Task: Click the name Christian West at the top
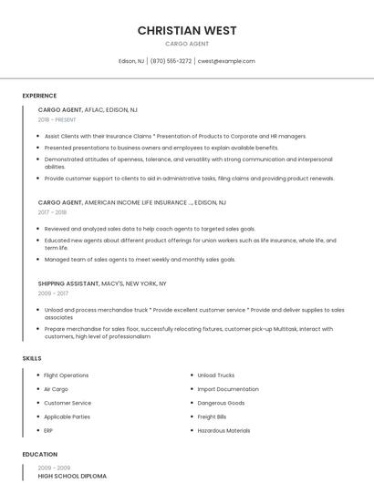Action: pyautogui.click(x=187, y=30)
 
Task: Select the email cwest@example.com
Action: pyautogui.click(x=226, y=61)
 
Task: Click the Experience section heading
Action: pyautogui.click(x=39, y=96)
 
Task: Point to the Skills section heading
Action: pyautogui.click(x=32, y=358)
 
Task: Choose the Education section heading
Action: pyautogui.click(x=40, y=454)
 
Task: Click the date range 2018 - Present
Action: pyautogui.click(x=58, y=120)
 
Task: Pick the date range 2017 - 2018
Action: pyautogui.click(x=52, y=212)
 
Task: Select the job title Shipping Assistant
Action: pyautogui.click(x=68, y=283)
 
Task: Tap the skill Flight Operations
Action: pyautogui.click(x=67, y=375)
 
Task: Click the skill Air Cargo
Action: pyautogui.click(x=57, y=389)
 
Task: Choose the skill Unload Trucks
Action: pyautogui.click(x=216, y=375)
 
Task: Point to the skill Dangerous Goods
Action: pyautogui.click(x=221, y=403)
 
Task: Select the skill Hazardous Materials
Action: pyautogui.click(x=223, y=430)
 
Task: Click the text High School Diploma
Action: pyautogui.click(x=72, y=476)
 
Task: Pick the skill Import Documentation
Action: pyautogui.click(x=228, y=389)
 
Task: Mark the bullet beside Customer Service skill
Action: pyautogui.click(x=37, y=403)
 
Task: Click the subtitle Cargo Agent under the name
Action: pyautogui.click(x=187, y=44)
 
